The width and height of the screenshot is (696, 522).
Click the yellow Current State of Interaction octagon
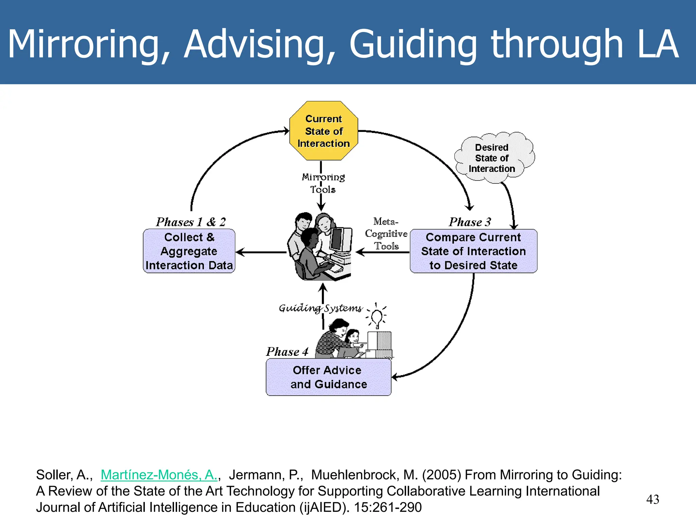pyautogui.click(x=324, y=131)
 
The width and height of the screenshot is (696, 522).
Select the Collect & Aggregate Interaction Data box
pyautogui.click(x=189, y=251)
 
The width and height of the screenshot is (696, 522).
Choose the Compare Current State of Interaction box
pyautogui.click(x=473, y=251)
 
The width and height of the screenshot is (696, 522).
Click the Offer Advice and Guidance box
pyautogui.click(x=328, y=377)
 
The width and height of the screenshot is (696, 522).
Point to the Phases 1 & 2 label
pyautogui.click(x=191, y=222)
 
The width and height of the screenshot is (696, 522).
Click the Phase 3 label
pyautogui.click(x=470, y=222)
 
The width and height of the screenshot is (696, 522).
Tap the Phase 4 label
pyautogui.click(x=287, y=352)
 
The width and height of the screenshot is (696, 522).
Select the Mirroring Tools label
pyautogui.click(x=323, y=183)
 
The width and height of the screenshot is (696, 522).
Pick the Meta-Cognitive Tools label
pyautogui.click(x=386, y=234)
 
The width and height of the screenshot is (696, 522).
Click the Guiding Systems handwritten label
pyautogui.click(x=320, y=308)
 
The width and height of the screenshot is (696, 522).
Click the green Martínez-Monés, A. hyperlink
pyautogui.click(x=159, y=475)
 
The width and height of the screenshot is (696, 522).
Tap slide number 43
pyautogui.click(x=652, y=499)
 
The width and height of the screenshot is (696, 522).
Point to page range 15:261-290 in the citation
pyautogui.click(x=388, y=507)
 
